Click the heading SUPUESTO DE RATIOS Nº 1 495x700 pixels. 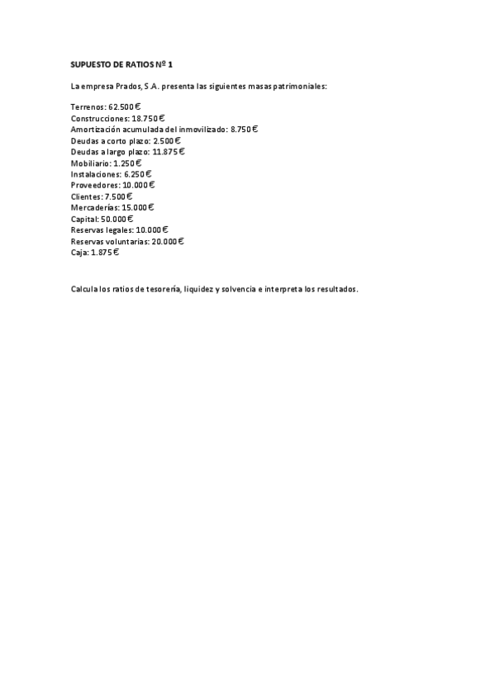[121, 64]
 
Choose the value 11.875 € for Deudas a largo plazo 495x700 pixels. [169, 152]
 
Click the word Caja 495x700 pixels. [79, 253]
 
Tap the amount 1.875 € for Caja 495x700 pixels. [105, 253]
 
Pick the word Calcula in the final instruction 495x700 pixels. [84, 289]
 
